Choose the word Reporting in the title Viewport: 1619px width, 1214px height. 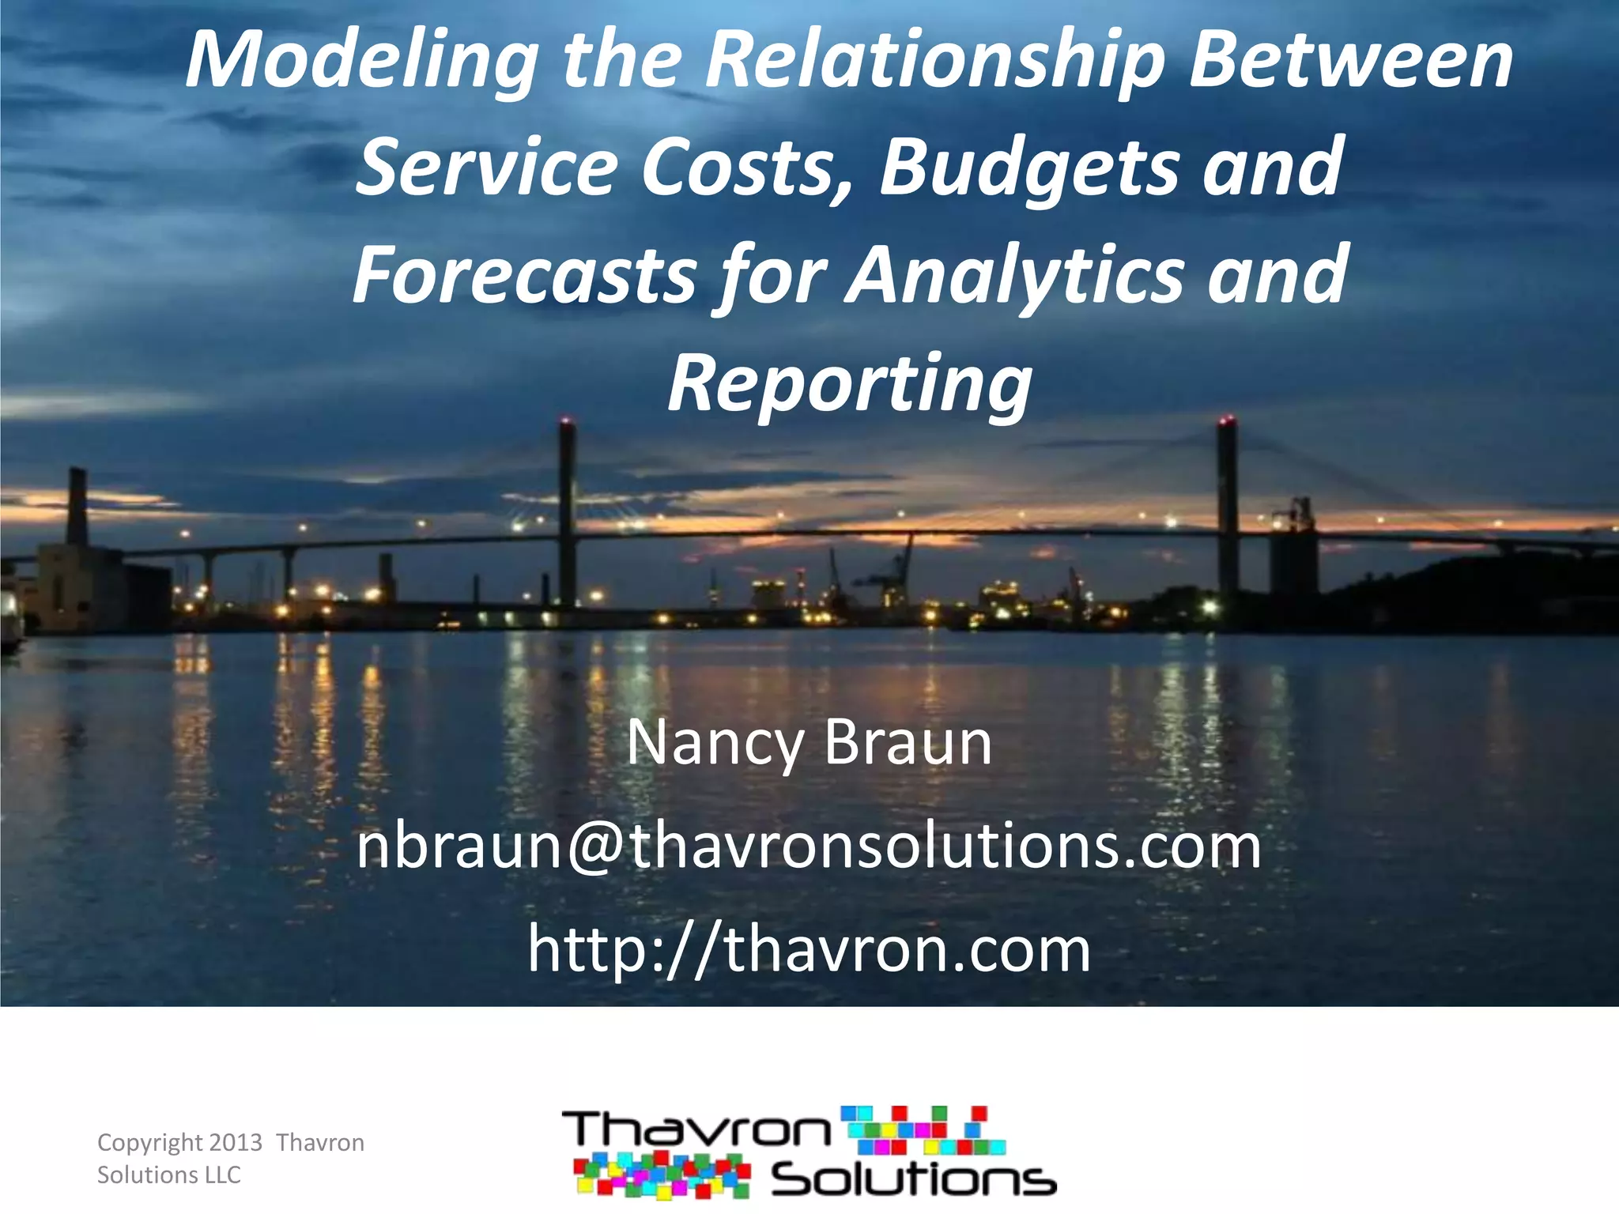pyautogui.click(x=850, y=383)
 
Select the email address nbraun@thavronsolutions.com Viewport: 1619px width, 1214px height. pyautogui.click(x=809, y=846)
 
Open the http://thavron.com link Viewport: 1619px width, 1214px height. pyautogui.click(x=809, y=949)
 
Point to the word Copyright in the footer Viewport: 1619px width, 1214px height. pyautogui.click(x=149, y=1143)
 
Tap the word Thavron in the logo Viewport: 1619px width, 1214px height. pyautogui.click(x=696, y=1129)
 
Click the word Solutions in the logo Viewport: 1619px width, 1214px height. pyautogui.click(x=913, y=1180)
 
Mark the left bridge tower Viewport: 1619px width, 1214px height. pyautogui.click(x=567, y=514)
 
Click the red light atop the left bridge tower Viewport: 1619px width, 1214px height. pyautogui.click(x=564, y=420)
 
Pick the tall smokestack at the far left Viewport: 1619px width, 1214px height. pyautogui.click(x=77, y=506)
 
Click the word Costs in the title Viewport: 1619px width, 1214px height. pyautogui.click(x=746, y=168)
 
